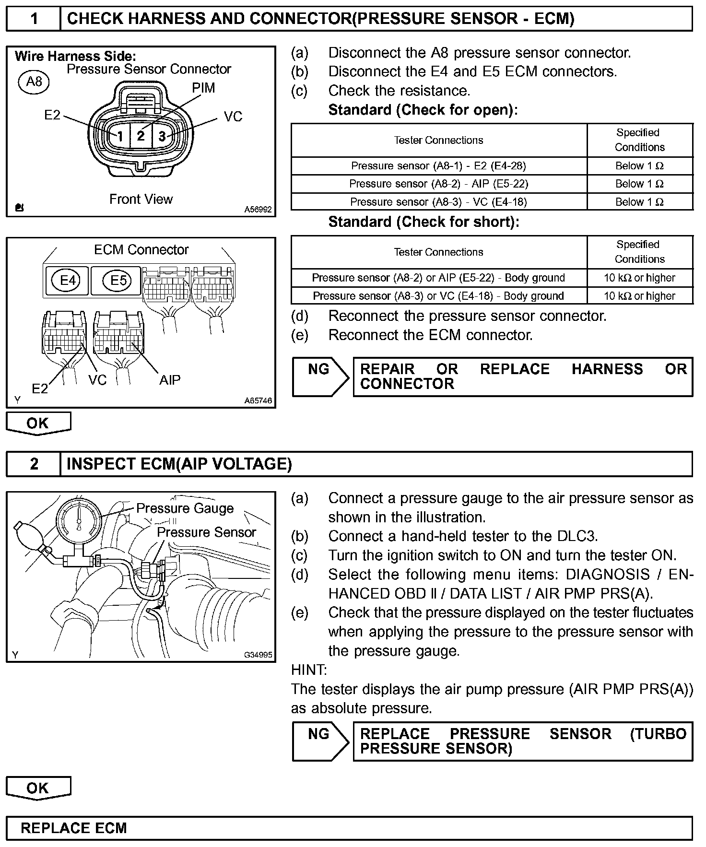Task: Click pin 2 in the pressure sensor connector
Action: (141, 136)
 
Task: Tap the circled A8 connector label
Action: (34, 82)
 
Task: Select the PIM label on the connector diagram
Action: (203, 88)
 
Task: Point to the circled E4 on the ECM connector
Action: (68, 280)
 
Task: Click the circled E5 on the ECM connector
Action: (118, 280)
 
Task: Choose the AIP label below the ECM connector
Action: (170, 380)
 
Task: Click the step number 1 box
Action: (34, 19)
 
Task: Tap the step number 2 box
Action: (34, 464)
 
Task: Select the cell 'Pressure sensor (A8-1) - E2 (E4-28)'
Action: (438, 166)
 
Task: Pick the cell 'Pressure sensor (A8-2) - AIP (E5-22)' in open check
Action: (438, 184)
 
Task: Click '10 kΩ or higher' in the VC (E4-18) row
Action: (639, 296)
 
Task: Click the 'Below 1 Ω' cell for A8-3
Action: (639, 202)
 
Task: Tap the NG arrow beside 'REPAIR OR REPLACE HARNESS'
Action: (320, 376)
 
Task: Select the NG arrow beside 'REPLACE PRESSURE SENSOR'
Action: (320, 741)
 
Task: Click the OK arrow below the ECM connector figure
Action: (38, 423)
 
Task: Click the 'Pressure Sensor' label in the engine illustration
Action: (206, 532)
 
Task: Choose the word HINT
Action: (309, 670)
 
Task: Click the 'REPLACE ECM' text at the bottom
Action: (74, 828)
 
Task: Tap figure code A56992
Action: (258, 210)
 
